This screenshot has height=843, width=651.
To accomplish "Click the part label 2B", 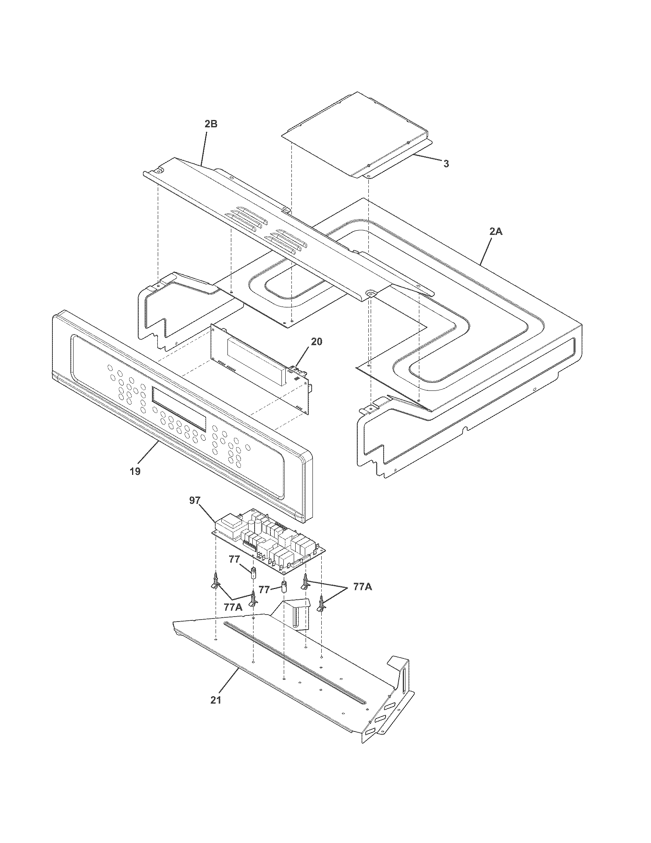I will [x=211, y=124].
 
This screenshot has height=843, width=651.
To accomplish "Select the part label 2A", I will [x=496, y=231].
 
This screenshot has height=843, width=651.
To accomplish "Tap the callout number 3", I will [x=446, y=164].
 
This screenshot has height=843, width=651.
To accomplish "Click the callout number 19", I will [x=135, y=471].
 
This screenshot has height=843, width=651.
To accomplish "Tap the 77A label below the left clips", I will [x=233, y=607].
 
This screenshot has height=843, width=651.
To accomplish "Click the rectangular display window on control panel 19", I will [x=180, y=409].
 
